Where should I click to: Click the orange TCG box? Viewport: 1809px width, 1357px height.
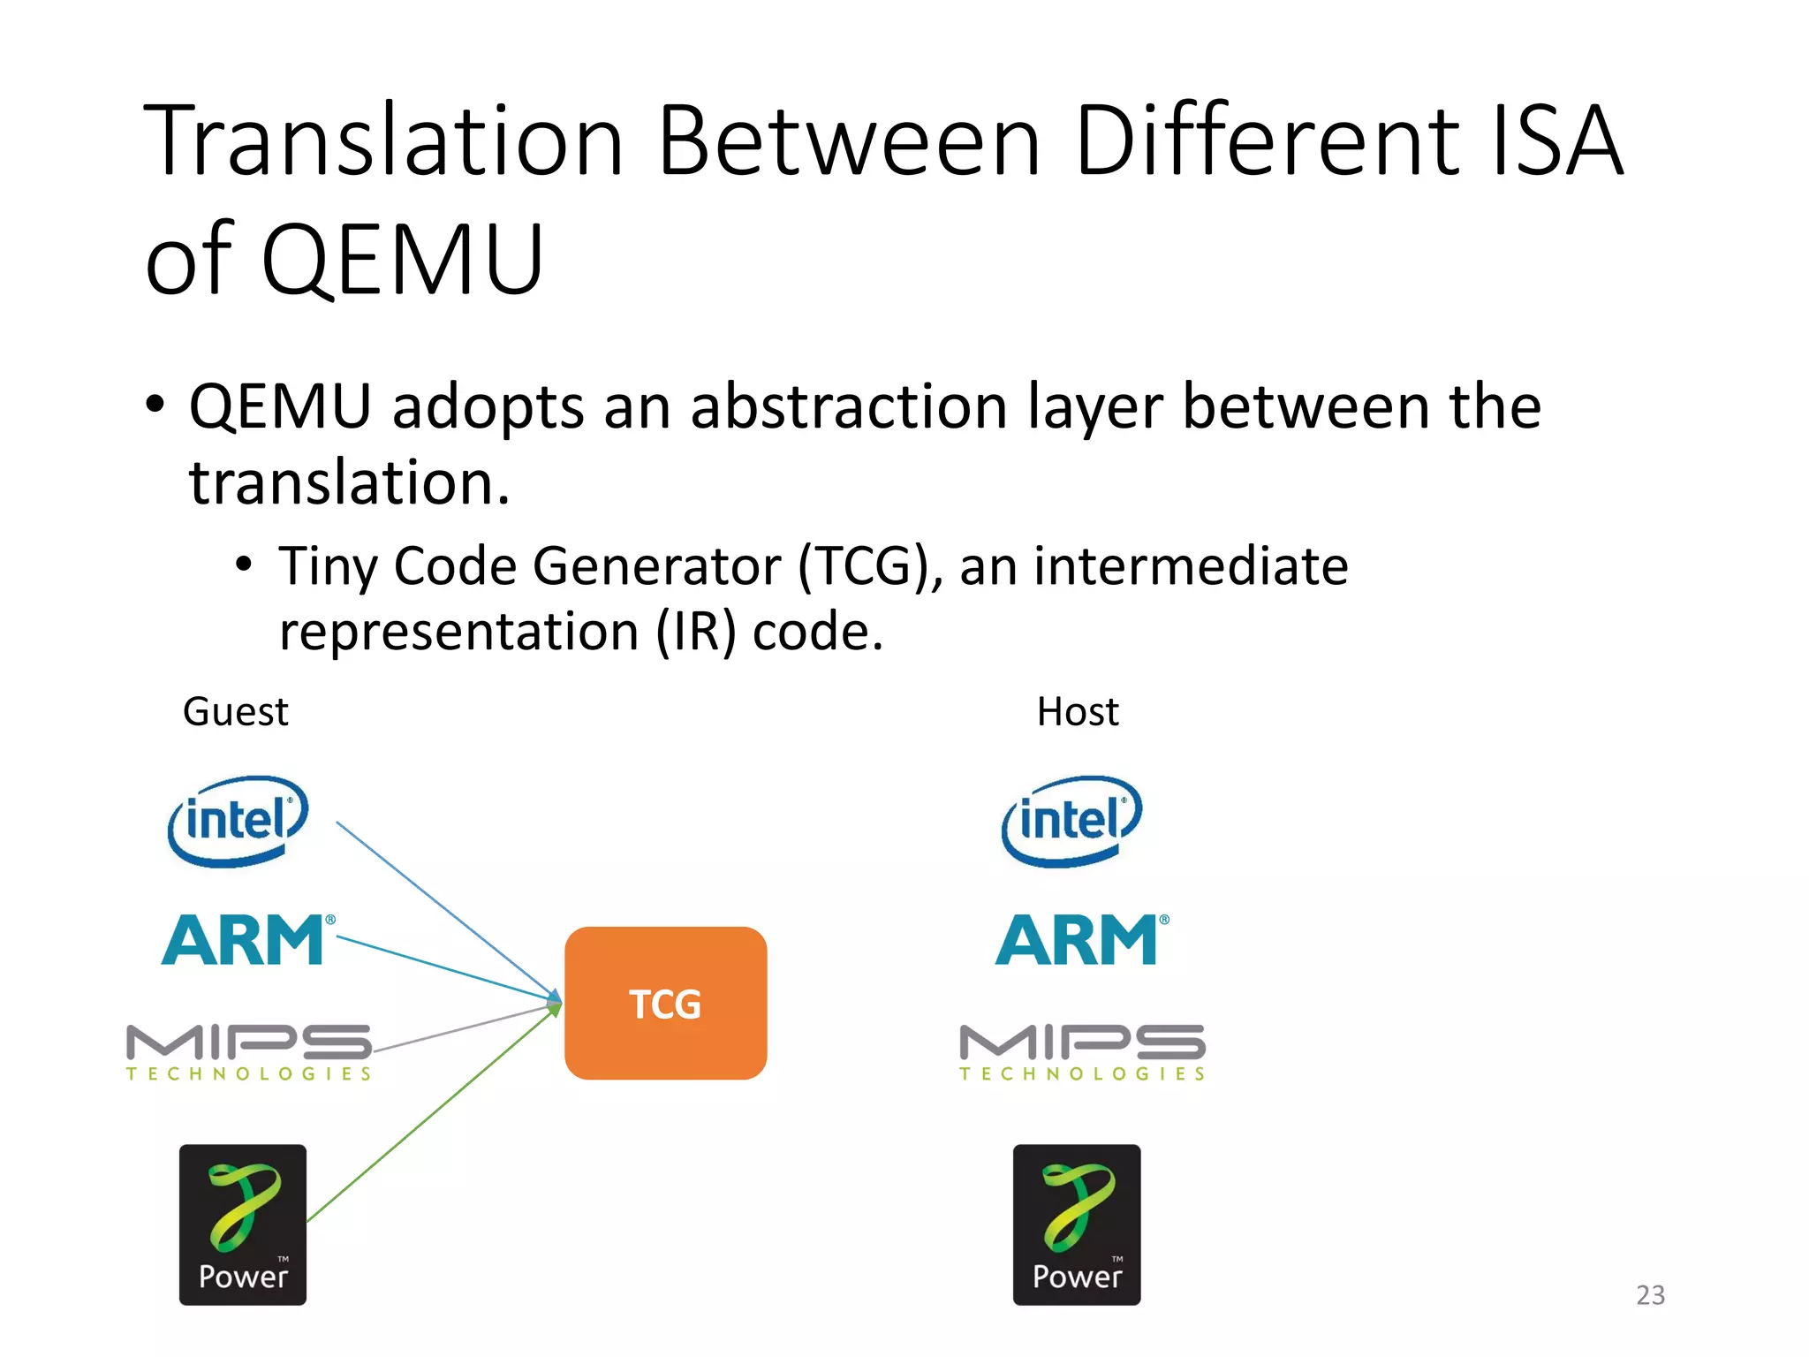(665, 1003)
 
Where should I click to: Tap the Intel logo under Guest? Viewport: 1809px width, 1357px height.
(238, 821)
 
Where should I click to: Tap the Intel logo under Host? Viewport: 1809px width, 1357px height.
(1071, 821)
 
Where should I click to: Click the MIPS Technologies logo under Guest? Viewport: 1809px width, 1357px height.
(248, 1051)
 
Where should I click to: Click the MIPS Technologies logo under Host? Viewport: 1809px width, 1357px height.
(1082, 1051)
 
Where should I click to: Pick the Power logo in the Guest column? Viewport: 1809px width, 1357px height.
(243, 1224)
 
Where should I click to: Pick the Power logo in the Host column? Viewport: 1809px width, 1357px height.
(1077, 1224)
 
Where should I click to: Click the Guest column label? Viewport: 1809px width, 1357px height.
(235, 712)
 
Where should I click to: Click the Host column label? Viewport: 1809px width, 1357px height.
(1078, 712)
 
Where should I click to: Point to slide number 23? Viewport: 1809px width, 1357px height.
(1650, 1295)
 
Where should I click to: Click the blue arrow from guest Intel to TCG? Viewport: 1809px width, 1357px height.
(442, 906)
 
